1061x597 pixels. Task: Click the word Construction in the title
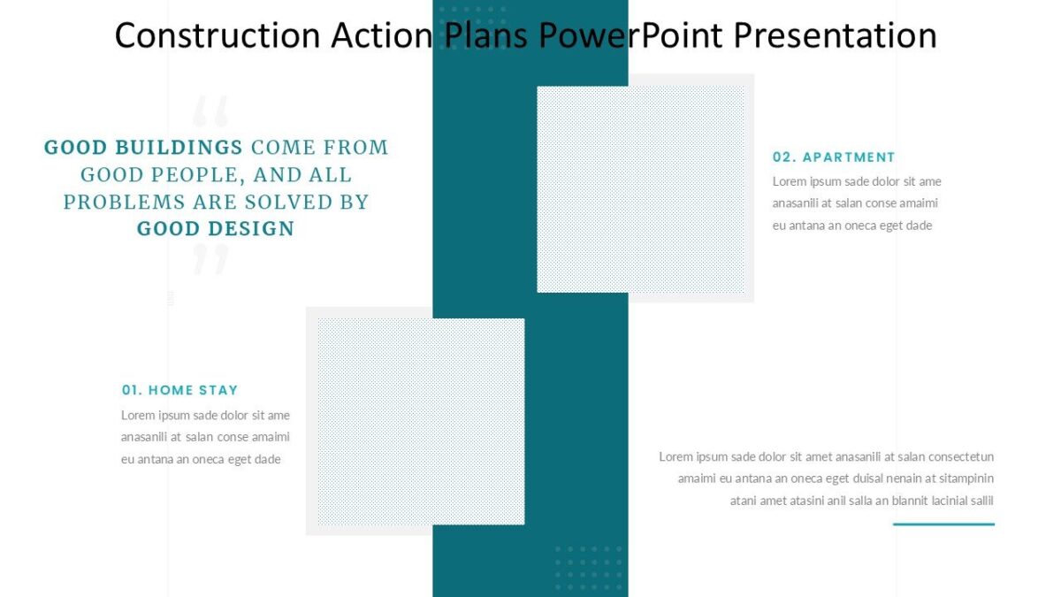click(218, 35)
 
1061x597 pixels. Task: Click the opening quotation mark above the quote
click(210, 111)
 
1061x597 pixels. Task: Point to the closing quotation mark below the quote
click(210, 260)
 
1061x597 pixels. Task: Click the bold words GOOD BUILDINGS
click(143, 148)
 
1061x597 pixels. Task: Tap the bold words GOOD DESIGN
click(216, 229)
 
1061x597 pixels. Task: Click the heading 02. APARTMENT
click(834, 157)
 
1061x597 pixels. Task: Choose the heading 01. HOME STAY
click(179, 390)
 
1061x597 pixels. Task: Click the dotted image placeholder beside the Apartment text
click(641, 189)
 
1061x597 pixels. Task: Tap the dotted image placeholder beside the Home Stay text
click(420, 421)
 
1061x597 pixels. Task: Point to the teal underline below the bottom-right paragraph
click(943, 524)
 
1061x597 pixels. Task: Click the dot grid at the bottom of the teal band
click(588, 567)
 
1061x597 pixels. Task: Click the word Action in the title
click(382, 35)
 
